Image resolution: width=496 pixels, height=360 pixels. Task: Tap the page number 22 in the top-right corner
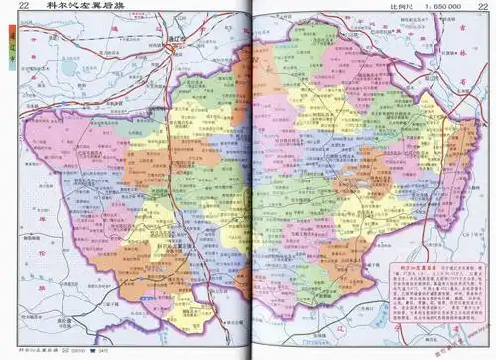(x=482, y=8)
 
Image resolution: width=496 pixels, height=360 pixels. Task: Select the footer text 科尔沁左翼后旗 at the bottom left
(x=40, y=351)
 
